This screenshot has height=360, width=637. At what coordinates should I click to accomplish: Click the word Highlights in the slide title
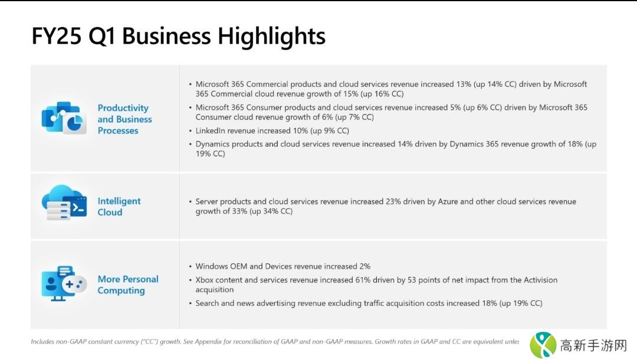click(271, 36)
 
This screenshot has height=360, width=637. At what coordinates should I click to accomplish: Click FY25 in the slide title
click(56, 36)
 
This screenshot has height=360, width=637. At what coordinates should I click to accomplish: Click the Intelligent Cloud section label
click(119, 207)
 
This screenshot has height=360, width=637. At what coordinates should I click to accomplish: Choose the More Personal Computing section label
click(128, 284)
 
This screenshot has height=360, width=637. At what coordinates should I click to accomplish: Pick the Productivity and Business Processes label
click(124, 119)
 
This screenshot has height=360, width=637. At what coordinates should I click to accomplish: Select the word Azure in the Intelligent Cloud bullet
click(448, 202)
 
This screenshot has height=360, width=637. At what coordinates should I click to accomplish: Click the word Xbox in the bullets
click(206, 280)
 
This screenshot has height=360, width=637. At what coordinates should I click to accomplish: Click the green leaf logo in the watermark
click(543, 344)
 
